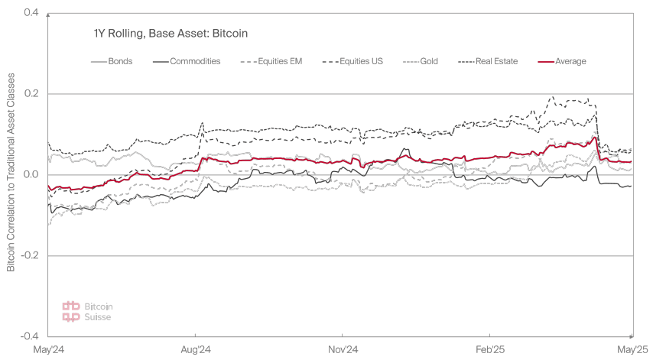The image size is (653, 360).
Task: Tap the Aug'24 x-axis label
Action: click(x=197, y=350)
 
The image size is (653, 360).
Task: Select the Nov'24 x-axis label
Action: click(x=343, y=350)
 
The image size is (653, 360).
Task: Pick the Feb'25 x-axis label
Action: click(x=489, y=350)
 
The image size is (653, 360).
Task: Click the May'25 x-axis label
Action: click(x=632, y=350)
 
